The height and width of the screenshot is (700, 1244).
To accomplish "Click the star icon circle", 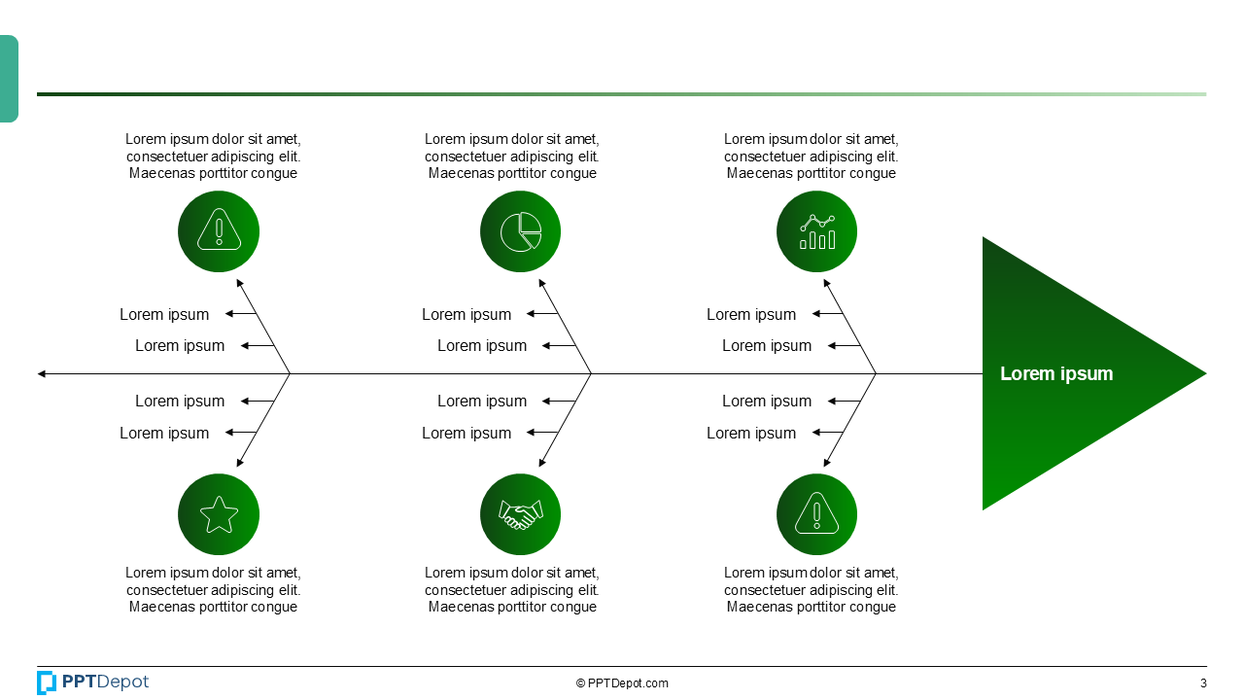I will point(219,514).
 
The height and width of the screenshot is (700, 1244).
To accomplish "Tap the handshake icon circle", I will point(520,514).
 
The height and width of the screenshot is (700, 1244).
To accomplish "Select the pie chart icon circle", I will point(520,231).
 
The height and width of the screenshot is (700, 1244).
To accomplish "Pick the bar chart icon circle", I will point(816,231).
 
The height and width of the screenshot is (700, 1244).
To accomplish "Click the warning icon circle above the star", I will point(219,231).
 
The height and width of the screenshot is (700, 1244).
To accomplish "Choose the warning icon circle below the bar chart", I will point(816,514).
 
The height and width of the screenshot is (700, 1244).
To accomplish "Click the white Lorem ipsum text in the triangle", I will point(1056,373).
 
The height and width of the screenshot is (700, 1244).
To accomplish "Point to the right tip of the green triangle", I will point(1203,373).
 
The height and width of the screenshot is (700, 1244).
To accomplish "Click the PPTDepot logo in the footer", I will point(93,682).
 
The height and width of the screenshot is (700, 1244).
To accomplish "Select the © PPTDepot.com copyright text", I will point(622,683).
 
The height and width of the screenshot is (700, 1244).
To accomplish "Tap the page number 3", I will point(1203,683).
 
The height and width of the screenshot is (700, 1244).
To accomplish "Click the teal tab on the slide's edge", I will point(9,79).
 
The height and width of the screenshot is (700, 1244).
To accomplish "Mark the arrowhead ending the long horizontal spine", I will point(41,373).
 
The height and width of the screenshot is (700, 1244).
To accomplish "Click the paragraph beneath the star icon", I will point(213,590).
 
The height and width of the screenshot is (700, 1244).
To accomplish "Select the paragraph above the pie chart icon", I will point(512,157).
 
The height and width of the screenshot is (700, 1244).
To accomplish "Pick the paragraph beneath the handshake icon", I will point(512,590).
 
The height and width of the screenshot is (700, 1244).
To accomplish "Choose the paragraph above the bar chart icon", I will point(812,157).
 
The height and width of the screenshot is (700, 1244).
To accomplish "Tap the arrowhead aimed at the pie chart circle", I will point(542,283).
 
